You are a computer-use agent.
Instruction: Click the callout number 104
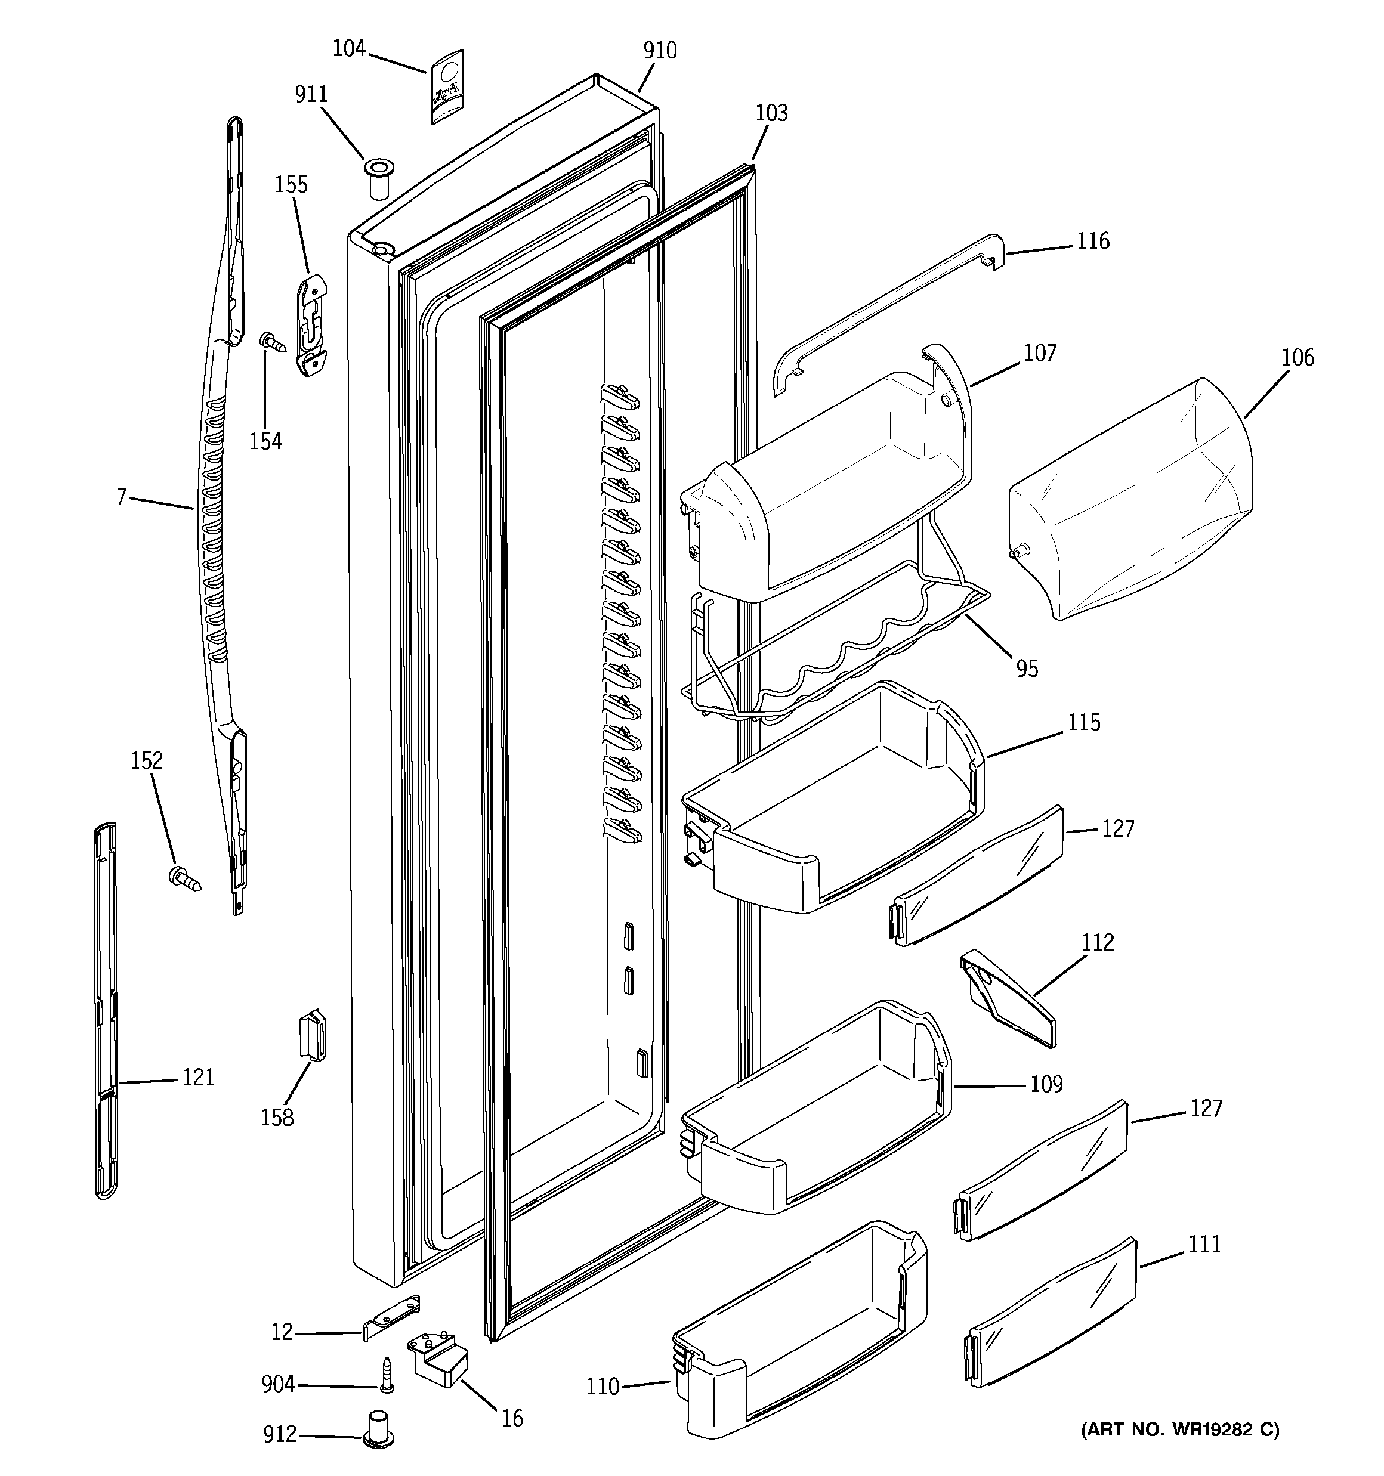point(348,49)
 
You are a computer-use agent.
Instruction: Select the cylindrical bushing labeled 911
point(378,178)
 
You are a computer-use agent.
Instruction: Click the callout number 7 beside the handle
point(122,497)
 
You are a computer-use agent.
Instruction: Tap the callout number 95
point(1027,669)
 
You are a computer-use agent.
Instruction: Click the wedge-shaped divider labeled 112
point(1009,998)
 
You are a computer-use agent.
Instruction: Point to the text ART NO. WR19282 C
point(1180,1429)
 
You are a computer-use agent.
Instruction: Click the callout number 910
point(660,51)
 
